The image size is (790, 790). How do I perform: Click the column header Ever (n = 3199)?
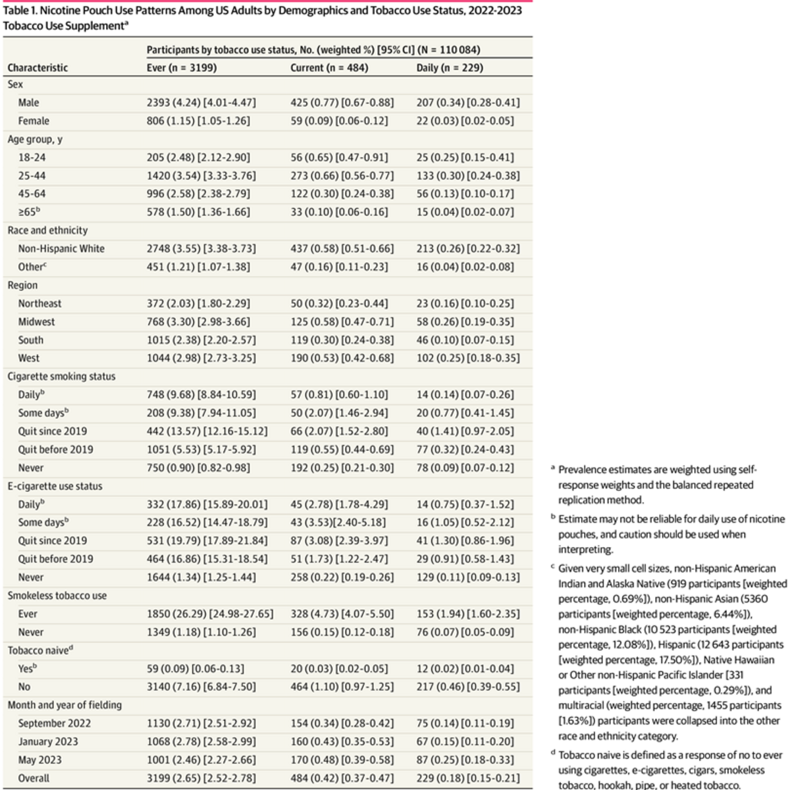point(182,68)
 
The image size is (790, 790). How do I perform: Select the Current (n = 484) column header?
point(329,68)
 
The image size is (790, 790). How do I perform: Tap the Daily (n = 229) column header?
point(450,68)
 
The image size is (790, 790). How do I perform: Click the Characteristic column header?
point(38,68)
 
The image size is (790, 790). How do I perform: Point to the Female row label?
point(34,121)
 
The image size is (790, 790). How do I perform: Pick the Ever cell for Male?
point(201,103)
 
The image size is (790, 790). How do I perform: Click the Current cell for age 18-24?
point(339,157)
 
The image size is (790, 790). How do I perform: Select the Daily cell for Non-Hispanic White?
point(468,248)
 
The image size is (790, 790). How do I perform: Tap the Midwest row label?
point(36,322)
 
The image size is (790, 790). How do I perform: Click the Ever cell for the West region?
point(201,358)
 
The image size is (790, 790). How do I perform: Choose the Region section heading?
point(22,285)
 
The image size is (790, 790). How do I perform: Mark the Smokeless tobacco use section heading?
point(57,596)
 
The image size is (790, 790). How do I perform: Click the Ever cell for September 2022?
point(201,723)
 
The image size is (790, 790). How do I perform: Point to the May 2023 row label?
point(39,760)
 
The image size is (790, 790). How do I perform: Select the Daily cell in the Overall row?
point(468,778)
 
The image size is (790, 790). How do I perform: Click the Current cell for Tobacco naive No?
point(342,687)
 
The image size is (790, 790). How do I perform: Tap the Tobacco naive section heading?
point(40,650)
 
